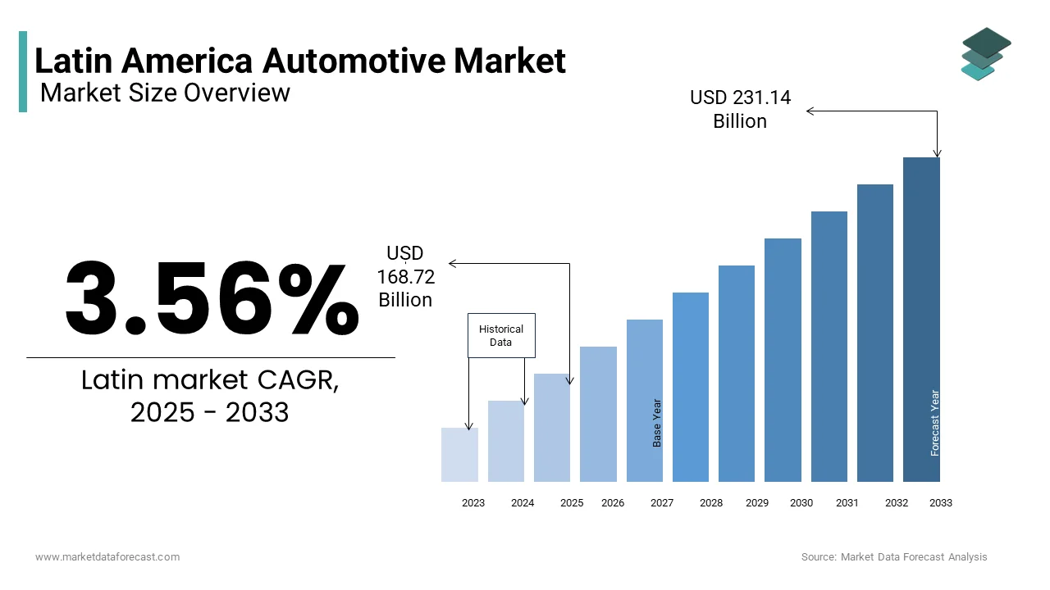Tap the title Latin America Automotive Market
click(300, 61)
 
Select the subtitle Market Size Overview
click(165, 93)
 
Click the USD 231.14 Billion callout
click(740, 109)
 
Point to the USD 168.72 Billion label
click(405, 277)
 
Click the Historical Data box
click(501, 335)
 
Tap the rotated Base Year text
click(657, 423)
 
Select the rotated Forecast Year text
click(935, 423)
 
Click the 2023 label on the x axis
click(473, 503)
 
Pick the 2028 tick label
click(711, 503)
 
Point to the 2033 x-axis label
click(941, 503)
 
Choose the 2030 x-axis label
click(801, 503)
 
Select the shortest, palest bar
click(459, 455)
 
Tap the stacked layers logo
click(986, 54)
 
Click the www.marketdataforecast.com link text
click(107, 557)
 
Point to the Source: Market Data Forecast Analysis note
click(894, 557)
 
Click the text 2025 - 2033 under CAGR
click(210, 412)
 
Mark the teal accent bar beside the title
click(23, 72)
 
